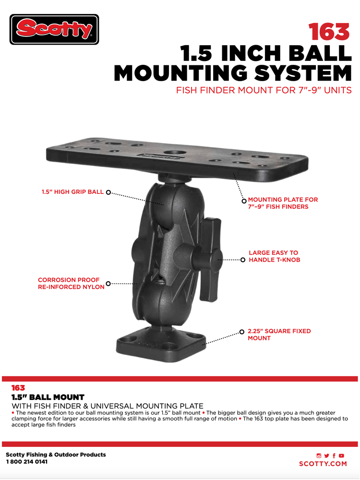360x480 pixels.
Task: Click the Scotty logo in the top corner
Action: coord(54,29)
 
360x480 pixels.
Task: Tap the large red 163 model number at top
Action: coord(329,32)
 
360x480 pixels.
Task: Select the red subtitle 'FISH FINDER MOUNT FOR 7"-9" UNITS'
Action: coord(264,90)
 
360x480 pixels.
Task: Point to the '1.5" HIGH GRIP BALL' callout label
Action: coord(72,192)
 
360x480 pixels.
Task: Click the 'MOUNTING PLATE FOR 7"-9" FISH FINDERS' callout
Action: coord(283,203)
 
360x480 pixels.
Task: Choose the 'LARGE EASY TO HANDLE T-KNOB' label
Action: coord(274,256)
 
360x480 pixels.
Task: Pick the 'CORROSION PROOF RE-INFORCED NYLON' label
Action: coord(71,284)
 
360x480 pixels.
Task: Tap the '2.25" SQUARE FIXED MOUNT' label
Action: coord(279,335)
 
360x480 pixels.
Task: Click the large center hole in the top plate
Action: coord(173,152)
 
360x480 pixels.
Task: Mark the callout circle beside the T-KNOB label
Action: coord(243,260)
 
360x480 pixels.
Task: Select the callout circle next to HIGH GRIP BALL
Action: coord(108,192)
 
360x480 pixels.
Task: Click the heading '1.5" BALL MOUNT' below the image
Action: coord(48,397)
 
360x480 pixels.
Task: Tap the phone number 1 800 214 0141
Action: coord(27,462)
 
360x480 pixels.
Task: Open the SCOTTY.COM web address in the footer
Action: coord(323,464)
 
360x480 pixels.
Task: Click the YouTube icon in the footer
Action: coord(341,456)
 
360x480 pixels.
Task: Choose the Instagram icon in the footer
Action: coord(319,456)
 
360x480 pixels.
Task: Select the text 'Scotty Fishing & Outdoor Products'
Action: coord(56,455)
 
